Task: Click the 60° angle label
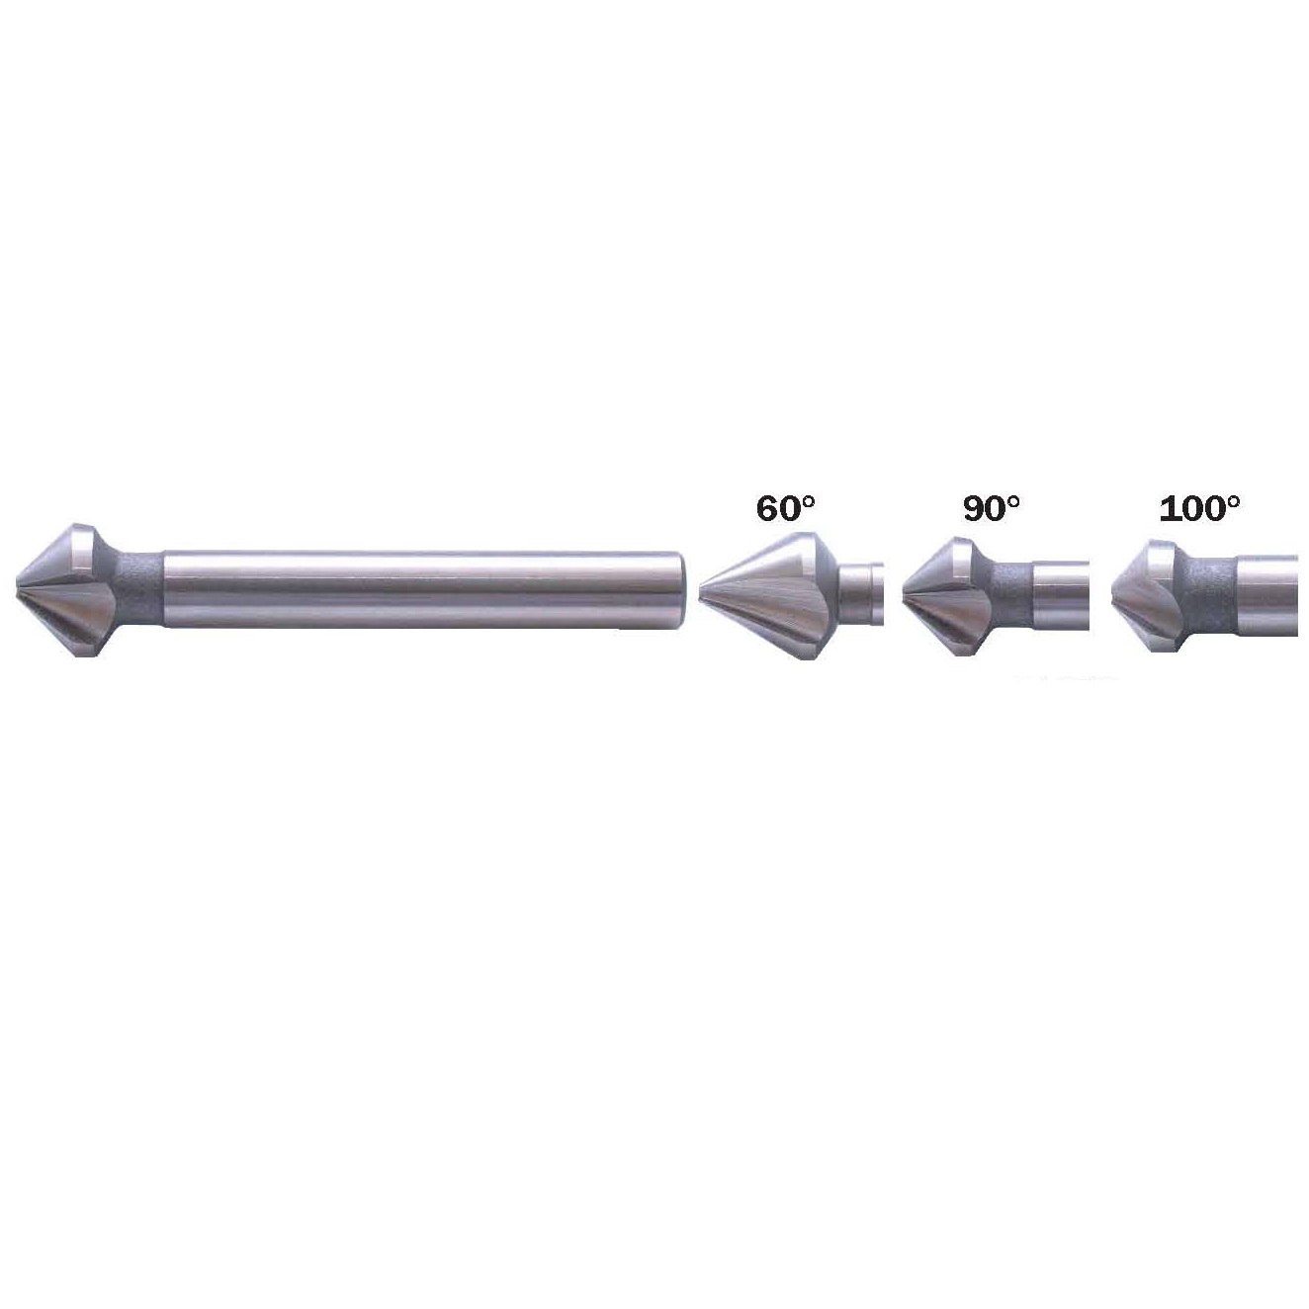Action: [x=785, y=509]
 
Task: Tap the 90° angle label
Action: [x=992, y=509]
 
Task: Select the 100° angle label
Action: [x=1199, y=509]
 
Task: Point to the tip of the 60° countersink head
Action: [x=700, y=589]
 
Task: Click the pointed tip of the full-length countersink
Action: [x=16, y=589]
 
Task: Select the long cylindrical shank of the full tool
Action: [x=424, y=589]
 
